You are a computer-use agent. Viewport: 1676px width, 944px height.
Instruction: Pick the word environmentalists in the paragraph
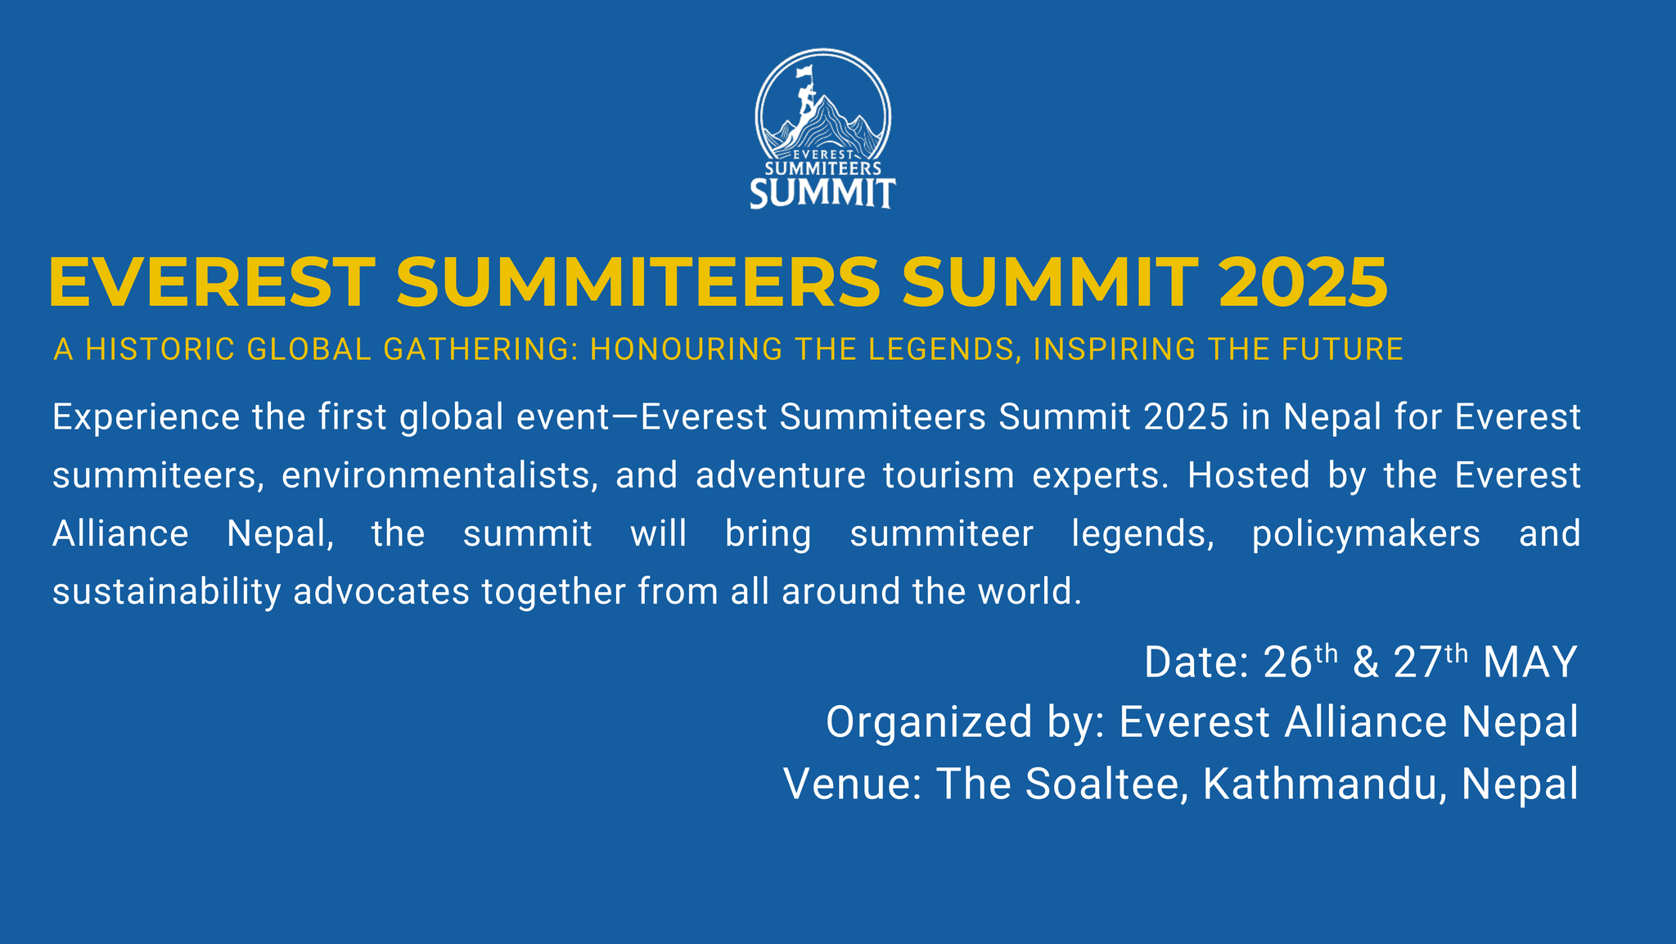tap(438, 475)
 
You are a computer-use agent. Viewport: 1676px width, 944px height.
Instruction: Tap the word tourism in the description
tap(948, 476)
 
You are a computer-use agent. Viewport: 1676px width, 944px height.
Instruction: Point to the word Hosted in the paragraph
tap(1249, 475)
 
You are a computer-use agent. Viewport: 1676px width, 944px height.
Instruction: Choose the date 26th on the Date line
tap(1300, 661)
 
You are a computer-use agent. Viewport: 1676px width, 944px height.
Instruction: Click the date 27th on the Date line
tap(1430, 661)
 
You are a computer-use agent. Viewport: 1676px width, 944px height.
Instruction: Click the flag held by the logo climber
tap(805, 72)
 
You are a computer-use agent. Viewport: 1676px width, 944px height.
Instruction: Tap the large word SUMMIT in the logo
tap(823, 194)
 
